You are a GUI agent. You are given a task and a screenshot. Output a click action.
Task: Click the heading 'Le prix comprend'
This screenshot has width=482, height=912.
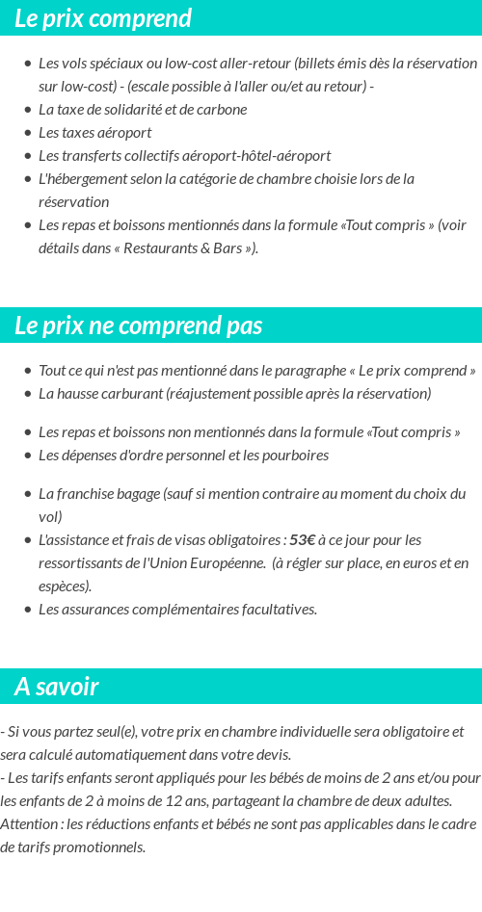(103, 18)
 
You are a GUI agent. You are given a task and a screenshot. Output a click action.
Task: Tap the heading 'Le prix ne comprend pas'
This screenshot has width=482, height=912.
(139, 326)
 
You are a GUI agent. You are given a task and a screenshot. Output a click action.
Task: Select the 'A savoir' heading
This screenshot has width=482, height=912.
(57, 687)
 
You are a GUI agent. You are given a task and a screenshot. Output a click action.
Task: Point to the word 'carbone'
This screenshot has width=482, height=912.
(222, 109)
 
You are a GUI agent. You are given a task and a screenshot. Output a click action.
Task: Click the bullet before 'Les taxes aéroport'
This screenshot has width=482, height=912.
(27, 133)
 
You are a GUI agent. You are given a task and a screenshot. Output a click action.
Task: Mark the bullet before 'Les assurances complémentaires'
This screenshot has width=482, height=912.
(27, 610)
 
